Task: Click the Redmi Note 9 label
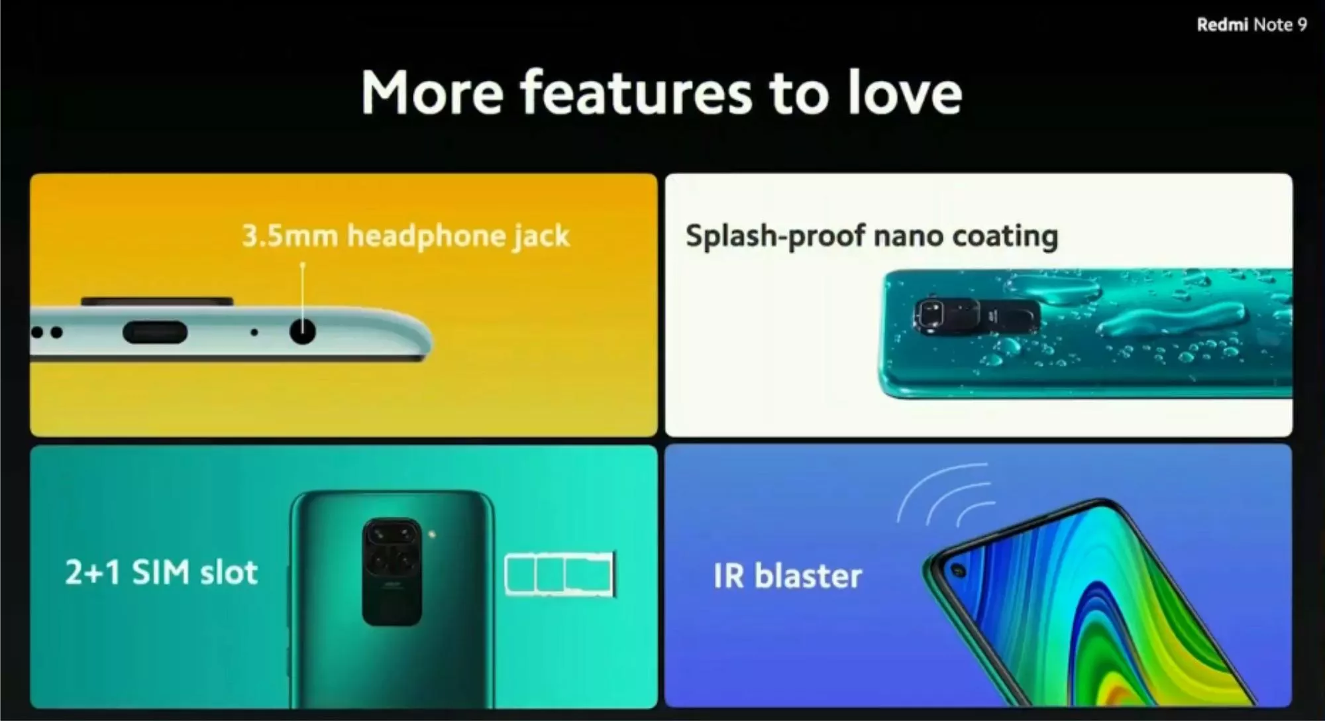click(1251, 25)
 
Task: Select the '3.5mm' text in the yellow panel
click(290, 235)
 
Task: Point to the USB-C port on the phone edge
click(155, 332)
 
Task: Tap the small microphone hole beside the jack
click(254, 332)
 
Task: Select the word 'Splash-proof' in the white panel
click(775, 237)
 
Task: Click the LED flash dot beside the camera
click(432, 534)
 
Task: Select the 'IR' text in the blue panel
click(729, 576)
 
